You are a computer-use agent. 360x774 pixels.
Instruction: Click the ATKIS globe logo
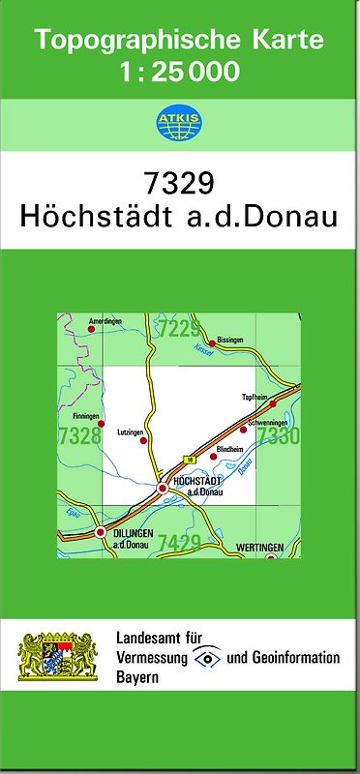point(179,122)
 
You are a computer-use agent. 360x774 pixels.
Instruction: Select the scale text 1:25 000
point(179,71)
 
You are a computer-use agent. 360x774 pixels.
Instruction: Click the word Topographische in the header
point(131,40)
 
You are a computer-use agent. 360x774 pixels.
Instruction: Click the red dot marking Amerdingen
point(92,329)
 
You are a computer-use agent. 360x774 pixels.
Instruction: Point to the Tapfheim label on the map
point(253,398)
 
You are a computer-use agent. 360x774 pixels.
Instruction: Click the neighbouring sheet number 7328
point(79,436)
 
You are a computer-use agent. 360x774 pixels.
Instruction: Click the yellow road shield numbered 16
point(191,459)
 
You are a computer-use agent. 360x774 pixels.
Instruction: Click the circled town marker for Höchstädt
point(163,489)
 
